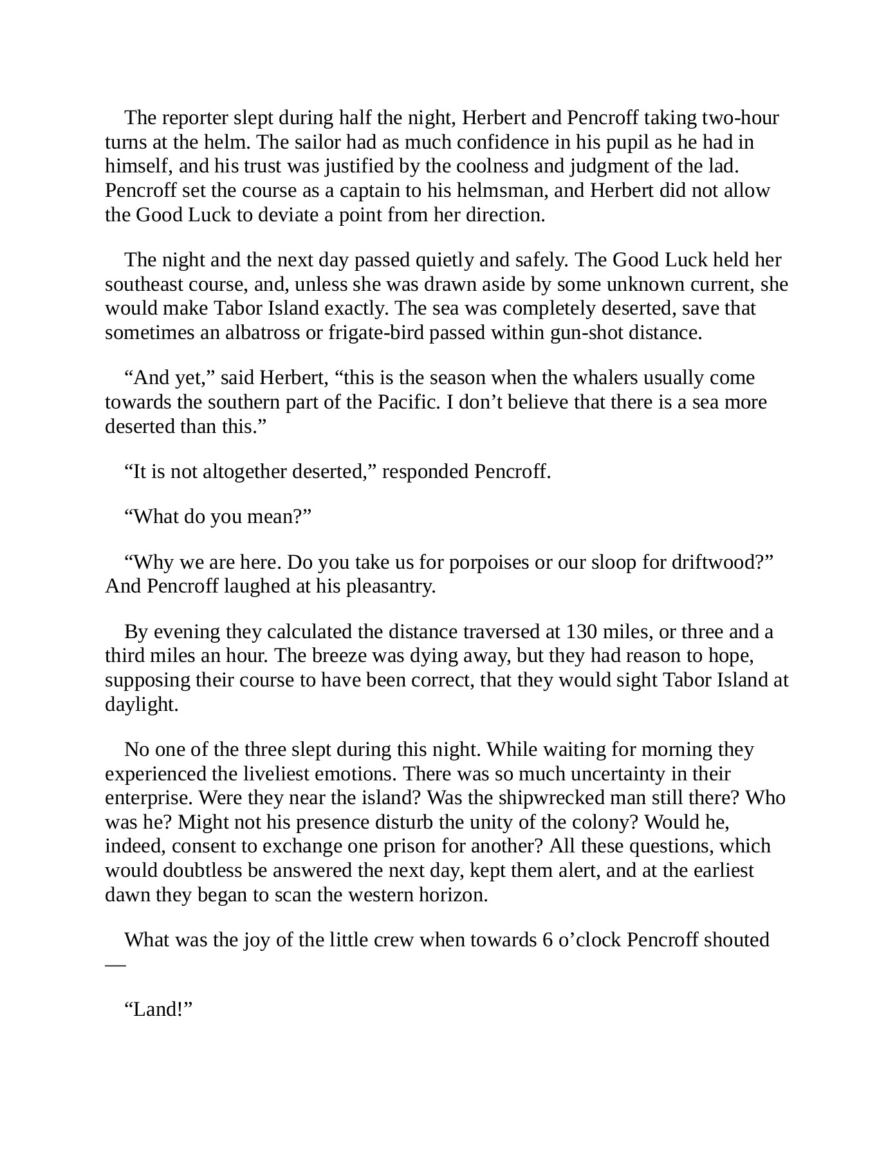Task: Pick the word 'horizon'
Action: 453,896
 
